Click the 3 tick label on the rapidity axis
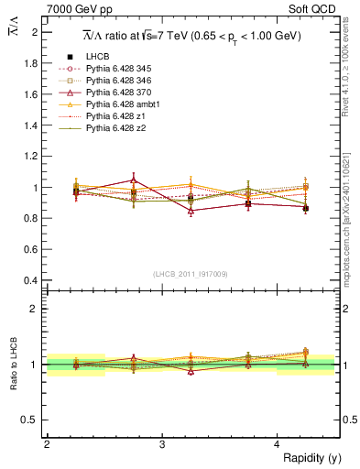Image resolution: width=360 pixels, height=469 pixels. click(x=162, y=444)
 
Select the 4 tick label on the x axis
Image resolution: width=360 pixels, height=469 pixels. click(x=278, y=444)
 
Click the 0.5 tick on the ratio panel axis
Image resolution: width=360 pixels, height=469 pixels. click(x=32, y=420)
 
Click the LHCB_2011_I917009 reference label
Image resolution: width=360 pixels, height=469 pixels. click(x=191, y=274)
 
